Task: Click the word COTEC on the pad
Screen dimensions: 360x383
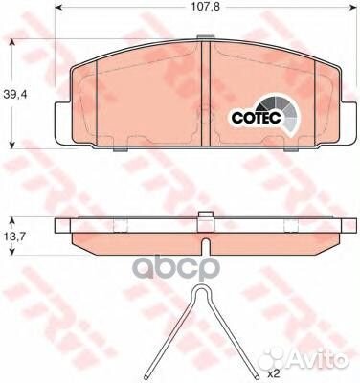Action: (x=257, y=118)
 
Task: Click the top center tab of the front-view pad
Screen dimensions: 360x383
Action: (x=206, y=36)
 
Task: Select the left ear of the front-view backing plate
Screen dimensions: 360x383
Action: (x=62, y=122)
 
